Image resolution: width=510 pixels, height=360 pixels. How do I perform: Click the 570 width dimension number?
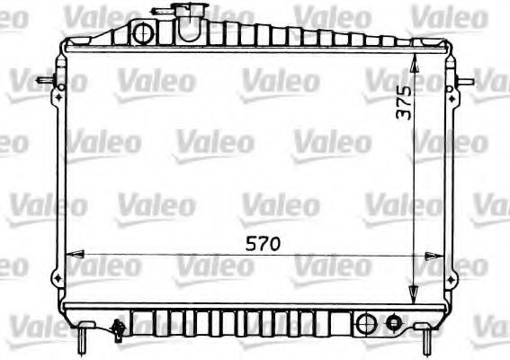coord(263,244)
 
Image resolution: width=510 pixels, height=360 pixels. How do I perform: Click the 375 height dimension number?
coord(404,103)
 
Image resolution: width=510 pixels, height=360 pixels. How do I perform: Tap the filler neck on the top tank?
coord(191,22)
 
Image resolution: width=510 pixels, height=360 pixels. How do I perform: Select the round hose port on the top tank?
coord(143,33)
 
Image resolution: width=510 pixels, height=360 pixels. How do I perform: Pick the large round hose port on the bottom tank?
coord(366,324)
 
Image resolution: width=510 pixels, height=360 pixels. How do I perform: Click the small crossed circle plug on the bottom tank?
coord(393,323)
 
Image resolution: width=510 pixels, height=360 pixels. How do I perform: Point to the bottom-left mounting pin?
coord(84,338)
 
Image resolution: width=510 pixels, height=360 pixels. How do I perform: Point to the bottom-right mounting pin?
coord(426,339)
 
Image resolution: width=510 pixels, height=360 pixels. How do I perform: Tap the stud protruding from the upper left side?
coord(45,80)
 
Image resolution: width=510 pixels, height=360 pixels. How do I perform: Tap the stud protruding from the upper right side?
coord(465,81)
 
